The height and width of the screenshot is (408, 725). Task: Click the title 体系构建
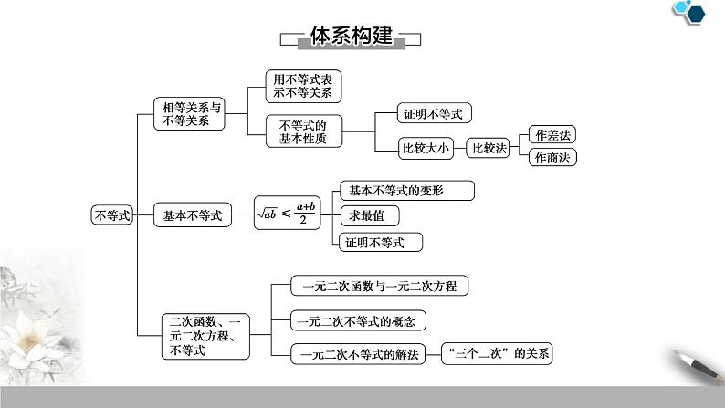351,37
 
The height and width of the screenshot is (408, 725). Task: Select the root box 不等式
112,215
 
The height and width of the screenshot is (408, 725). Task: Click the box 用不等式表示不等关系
302,86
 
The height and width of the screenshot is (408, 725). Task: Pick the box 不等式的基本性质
302,131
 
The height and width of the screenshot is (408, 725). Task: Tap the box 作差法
553,135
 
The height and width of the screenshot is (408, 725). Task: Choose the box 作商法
553,157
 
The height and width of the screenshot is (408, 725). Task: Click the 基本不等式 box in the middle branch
193,215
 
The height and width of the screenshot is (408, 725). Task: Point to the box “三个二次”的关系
498,354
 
